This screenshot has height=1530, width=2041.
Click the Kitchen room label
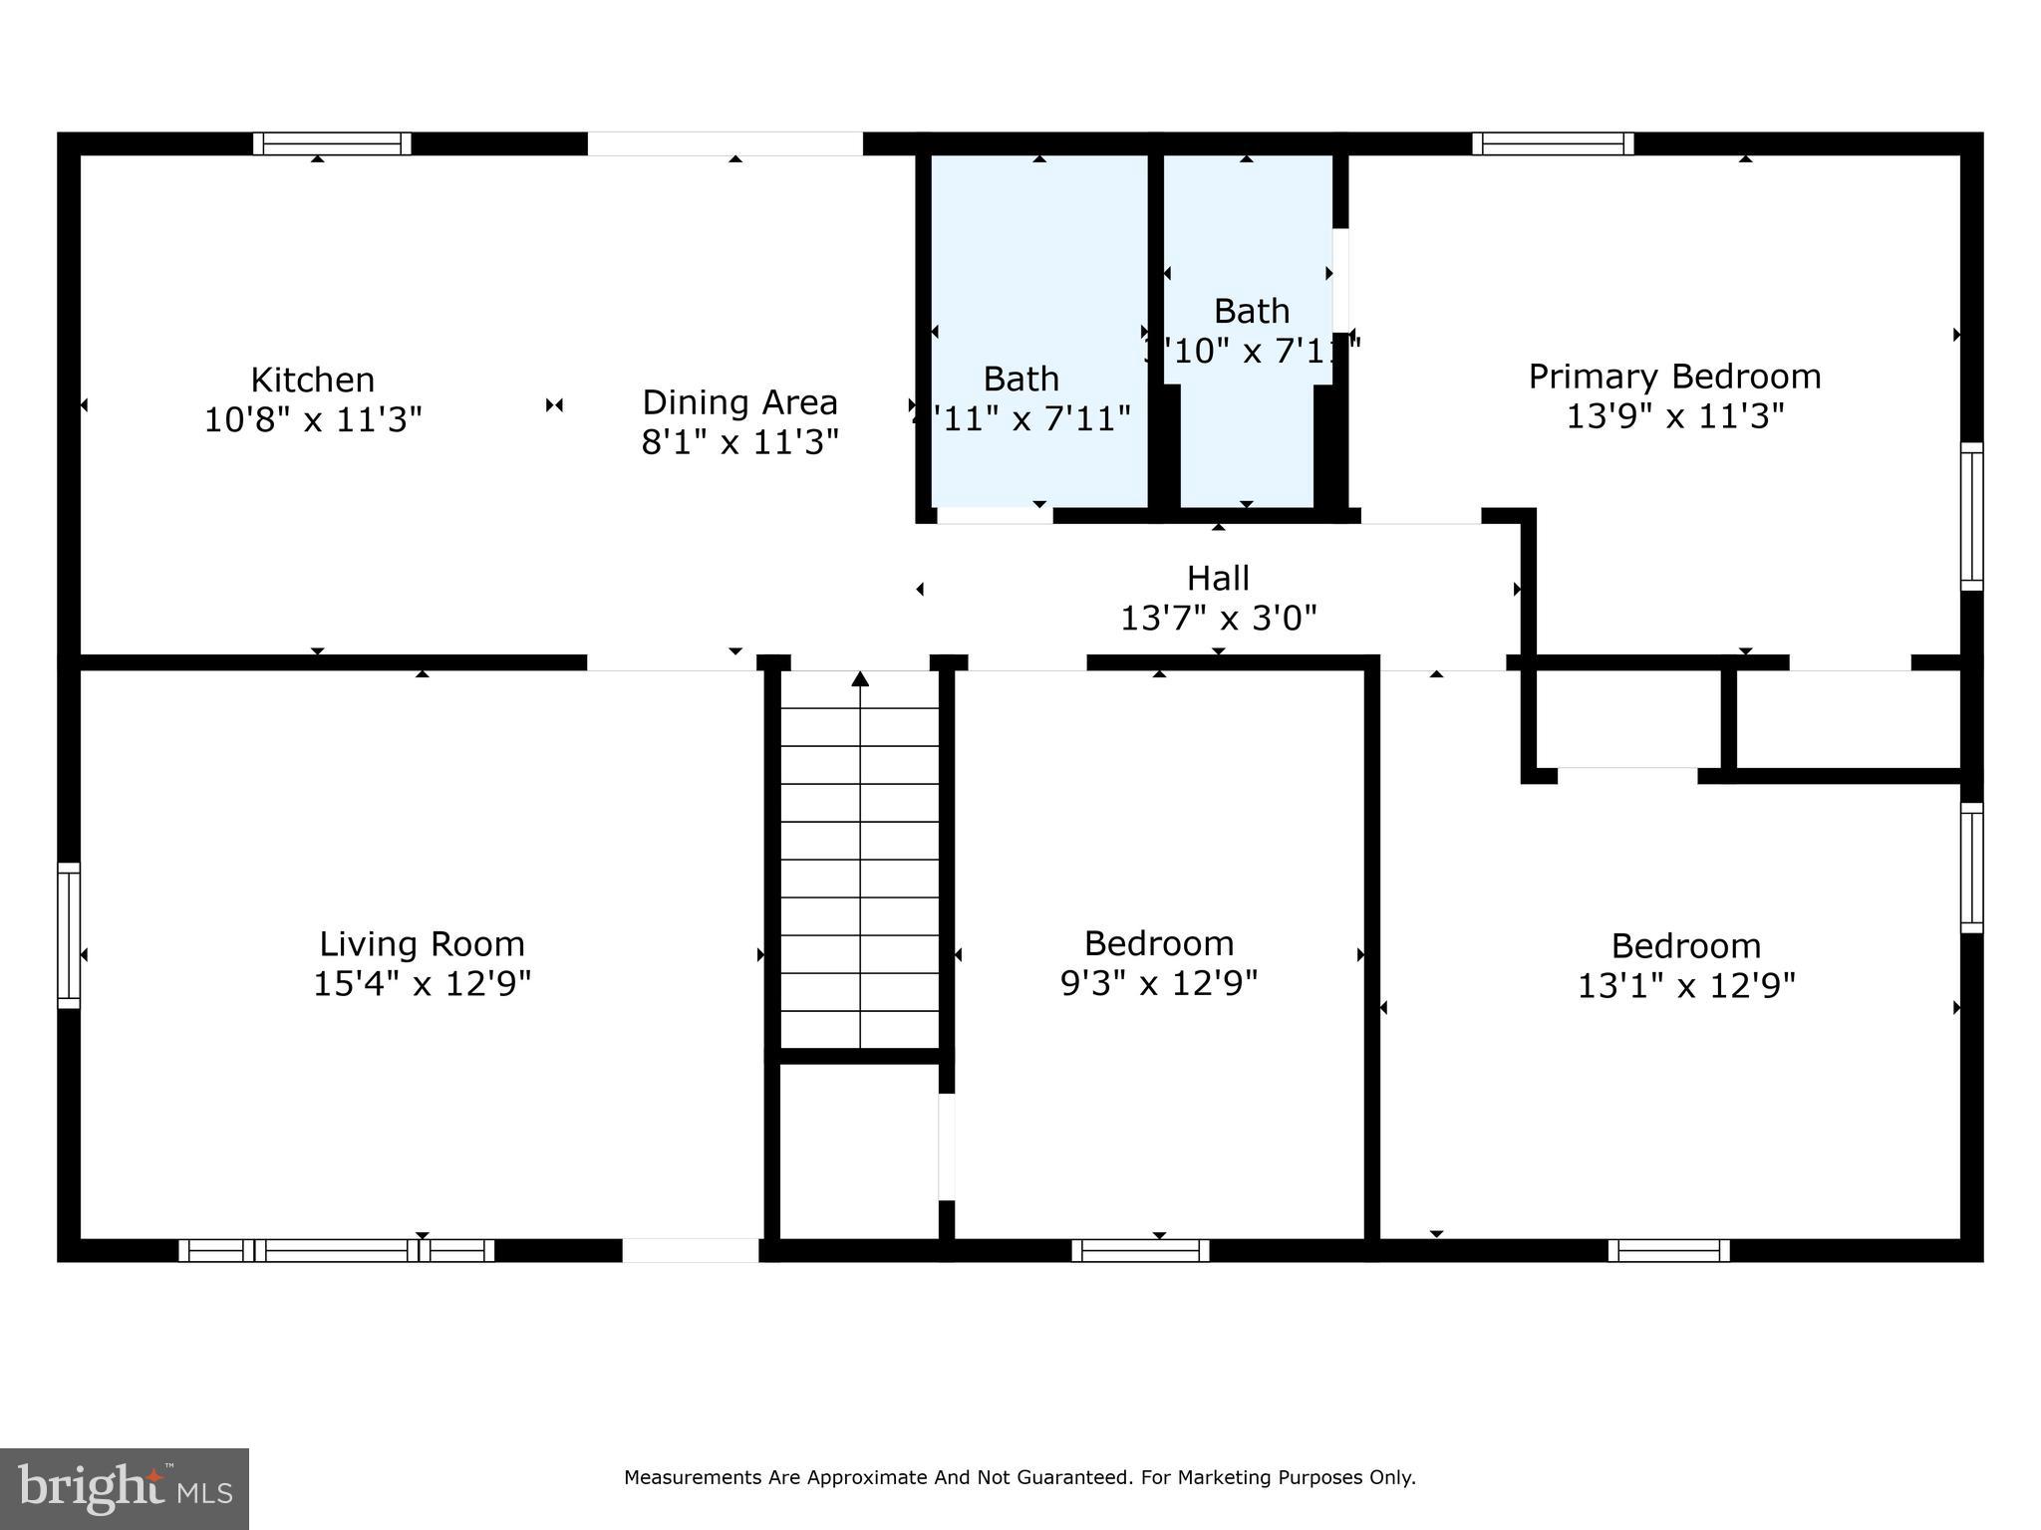312,381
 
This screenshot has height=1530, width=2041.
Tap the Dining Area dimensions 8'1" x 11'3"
739,441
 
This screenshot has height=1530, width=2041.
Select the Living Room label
422,943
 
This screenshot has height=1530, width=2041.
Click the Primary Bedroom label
1674,377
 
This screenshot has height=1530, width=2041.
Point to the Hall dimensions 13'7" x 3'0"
1218,619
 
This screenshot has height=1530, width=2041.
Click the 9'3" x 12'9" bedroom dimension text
1159,984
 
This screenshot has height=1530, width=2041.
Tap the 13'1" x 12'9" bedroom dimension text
1686,986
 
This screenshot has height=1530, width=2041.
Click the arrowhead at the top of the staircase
860,679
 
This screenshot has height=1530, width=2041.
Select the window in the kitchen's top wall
332,143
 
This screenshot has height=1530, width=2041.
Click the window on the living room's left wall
69,934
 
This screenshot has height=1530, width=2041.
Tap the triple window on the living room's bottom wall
337,1250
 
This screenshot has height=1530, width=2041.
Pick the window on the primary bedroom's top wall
1553,143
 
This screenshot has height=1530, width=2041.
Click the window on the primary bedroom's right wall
1971,516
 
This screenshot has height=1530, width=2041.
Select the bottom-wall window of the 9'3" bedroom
1141,1250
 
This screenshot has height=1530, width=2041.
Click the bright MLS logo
124,1488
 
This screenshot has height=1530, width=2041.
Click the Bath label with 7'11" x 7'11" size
1020,379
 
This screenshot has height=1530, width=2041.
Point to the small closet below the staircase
858,1150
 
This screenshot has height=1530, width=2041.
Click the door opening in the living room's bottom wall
691,1250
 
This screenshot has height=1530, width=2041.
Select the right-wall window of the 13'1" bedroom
1971,867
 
